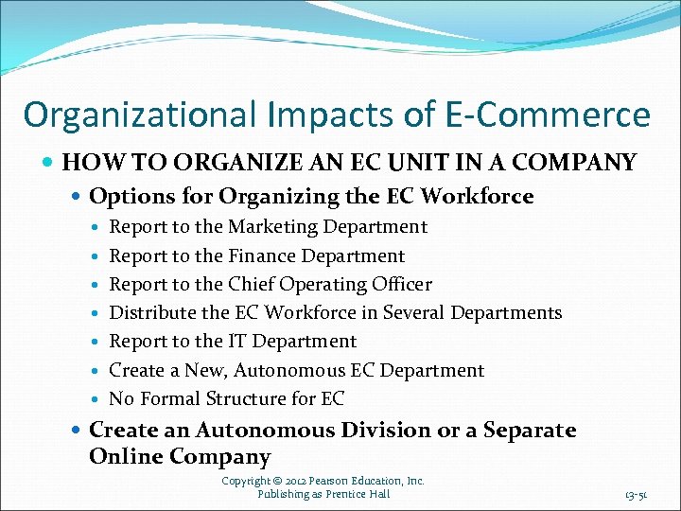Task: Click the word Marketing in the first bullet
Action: (x=273, y=227)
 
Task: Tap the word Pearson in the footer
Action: (x=334, y=481)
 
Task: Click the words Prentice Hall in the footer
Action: (x=357, y=493)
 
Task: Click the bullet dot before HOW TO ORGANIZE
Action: (x=49, y=164)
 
